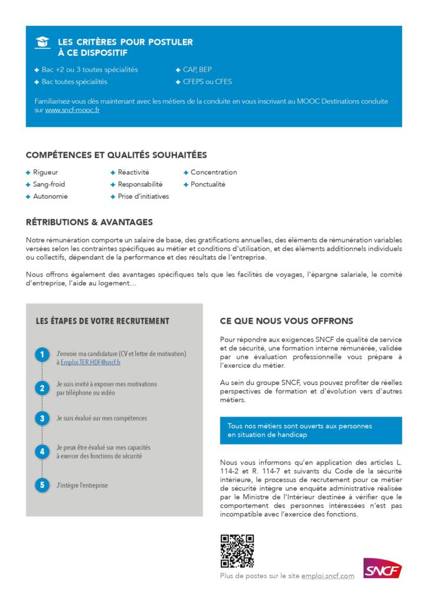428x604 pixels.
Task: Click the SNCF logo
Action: pyautogui.click(x=383, y=568)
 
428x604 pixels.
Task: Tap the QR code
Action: pyautogui.click(x=237, y=551)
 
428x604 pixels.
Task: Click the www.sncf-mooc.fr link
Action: pyautogui.click(x=72, y=110)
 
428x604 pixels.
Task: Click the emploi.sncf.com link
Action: pyautogui.click(x=328, y=576)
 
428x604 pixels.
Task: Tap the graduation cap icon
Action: pyautogui.click(x=42, y=42)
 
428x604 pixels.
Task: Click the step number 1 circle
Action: pyautogui.click(x=42, y=354)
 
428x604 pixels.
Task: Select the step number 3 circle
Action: pyautogui.click(x=42, y=418)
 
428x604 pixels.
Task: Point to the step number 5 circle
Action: pyautogui.click(x=42, y=485)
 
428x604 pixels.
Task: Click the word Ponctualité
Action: pyautogui.click(x=208, y=184)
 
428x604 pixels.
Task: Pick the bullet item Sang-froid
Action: pyautogui.click(x=49, y=184)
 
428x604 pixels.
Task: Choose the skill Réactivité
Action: pyautogui.click(x=133, y=172)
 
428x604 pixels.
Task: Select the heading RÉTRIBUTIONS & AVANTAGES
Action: pyautogui.click(x=89, y=222)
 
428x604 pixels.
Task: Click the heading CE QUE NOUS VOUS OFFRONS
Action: pyautogui.click(x=286, y=321)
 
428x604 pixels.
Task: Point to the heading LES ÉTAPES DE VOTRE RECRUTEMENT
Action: pyautogui.click(x=102, y=321)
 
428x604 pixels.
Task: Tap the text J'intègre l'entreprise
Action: pyautogui.click(x=82, y=485)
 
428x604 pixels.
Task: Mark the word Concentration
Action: pyautogui.click(x=214, y=172)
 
